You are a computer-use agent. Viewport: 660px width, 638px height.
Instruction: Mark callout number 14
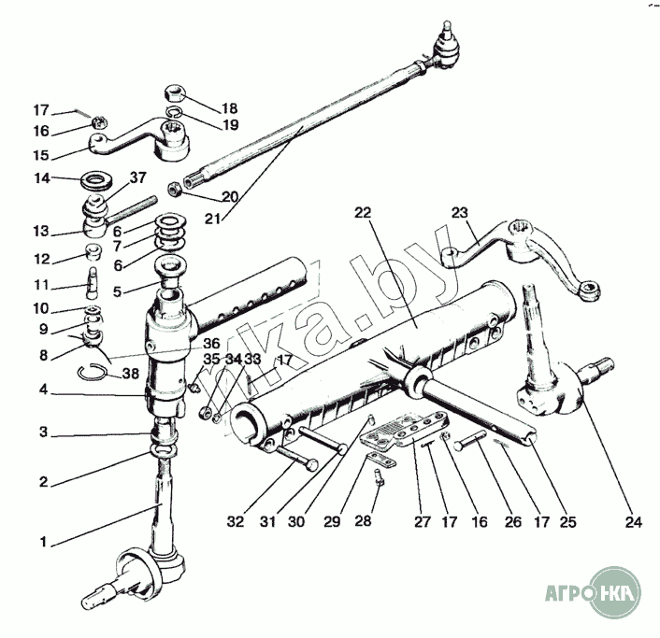pyautogui.click(x=42, y=177)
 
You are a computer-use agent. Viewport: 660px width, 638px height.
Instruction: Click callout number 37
pyautogui.click(x=138, y=177)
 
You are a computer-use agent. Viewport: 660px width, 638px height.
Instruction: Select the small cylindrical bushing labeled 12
pyautogui.click(x=93, y=253)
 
